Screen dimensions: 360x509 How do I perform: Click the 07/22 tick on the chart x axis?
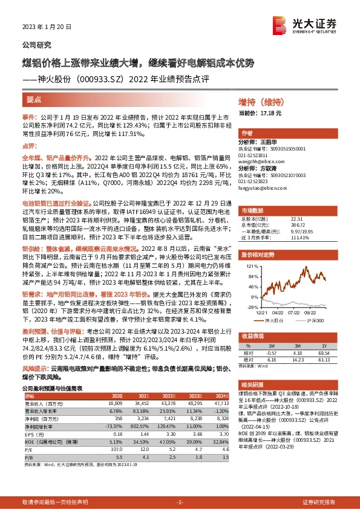(293, 312)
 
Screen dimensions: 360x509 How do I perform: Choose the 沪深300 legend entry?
(314, 320)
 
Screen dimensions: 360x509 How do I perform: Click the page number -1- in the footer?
(179, 502)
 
